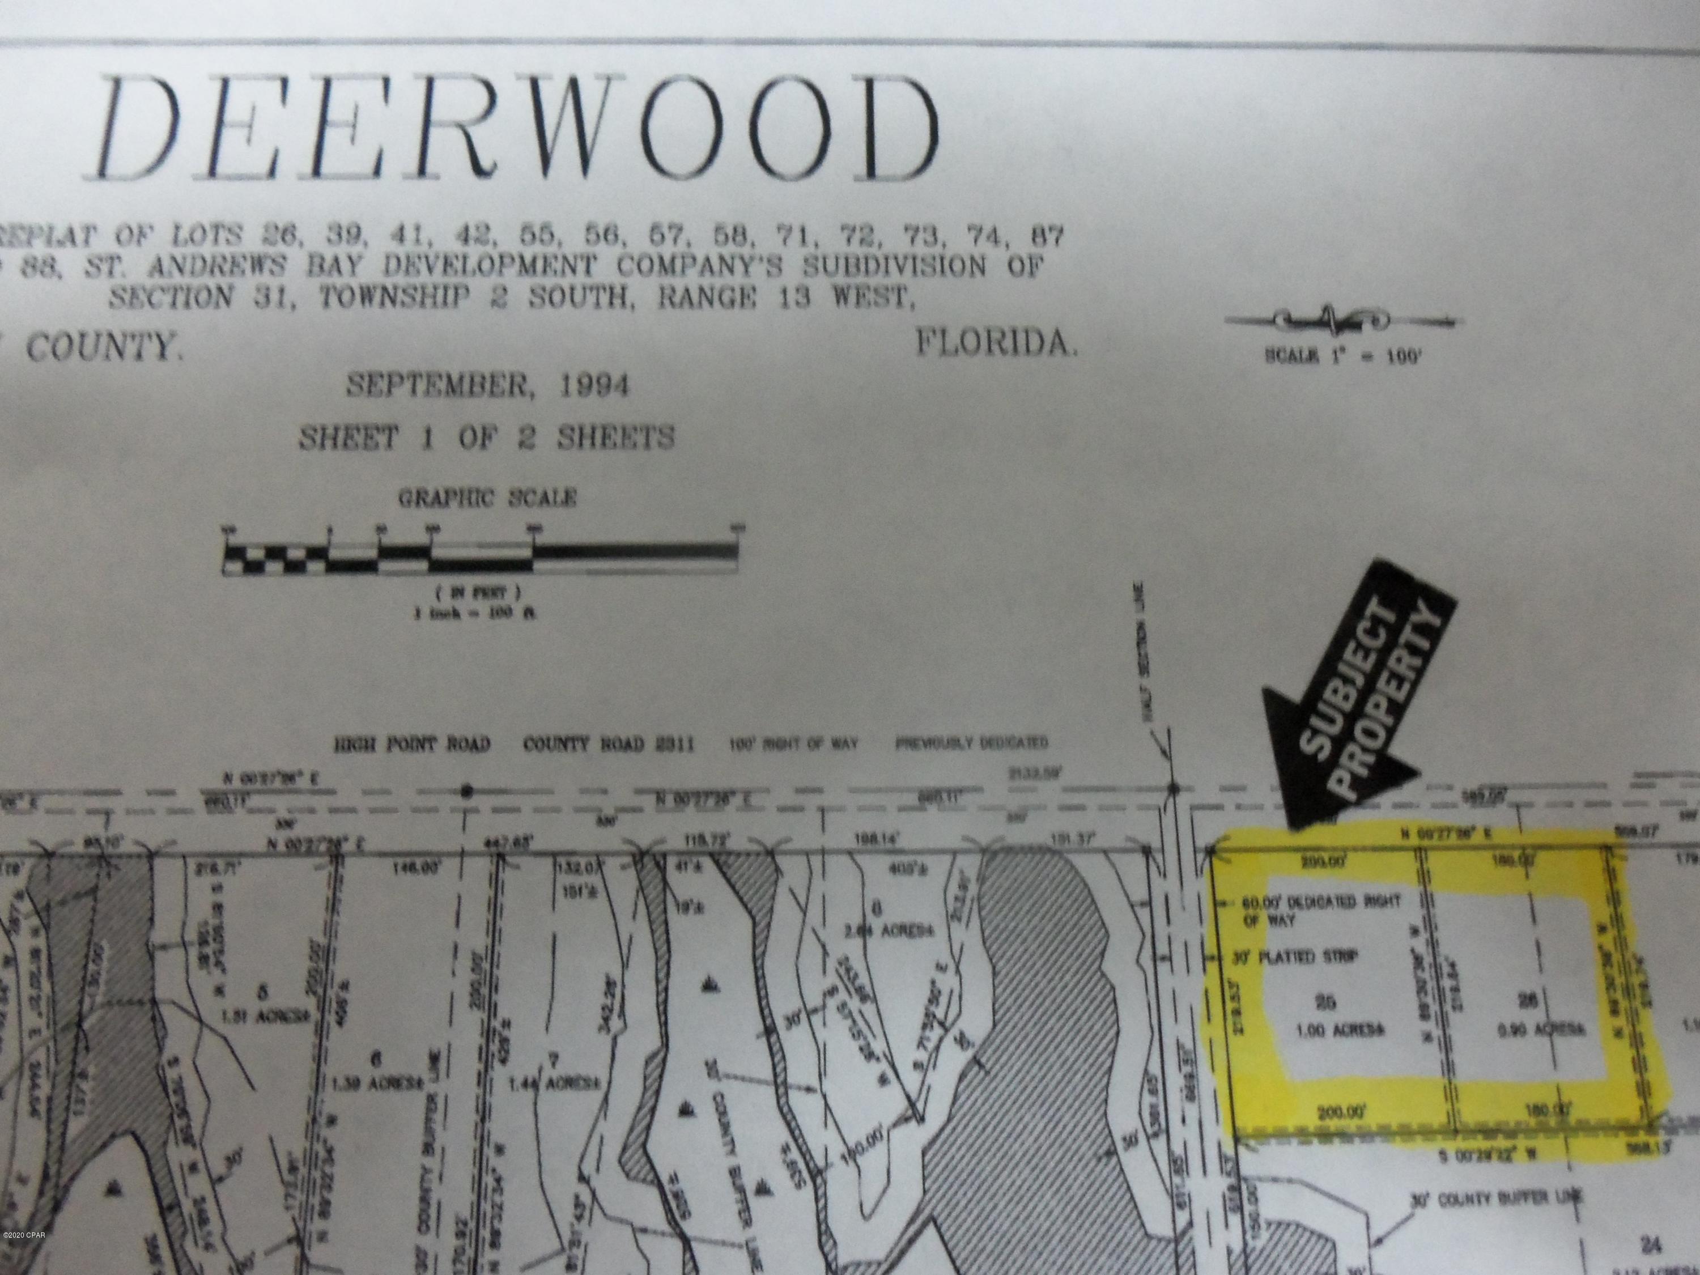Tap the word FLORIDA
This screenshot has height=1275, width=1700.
996,343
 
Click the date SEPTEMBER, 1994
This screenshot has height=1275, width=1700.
487,384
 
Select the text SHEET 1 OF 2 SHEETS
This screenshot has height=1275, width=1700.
486,438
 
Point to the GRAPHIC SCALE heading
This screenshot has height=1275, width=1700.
487,498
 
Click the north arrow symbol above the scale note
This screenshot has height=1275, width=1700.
1342,320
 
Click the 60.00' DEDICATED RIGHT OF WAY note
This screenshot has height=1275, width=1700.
1322,910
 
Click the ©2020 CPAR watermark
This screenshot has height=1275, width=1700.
24,1256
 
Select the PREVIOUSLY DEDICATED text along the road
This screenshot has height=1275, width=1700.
971,743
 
